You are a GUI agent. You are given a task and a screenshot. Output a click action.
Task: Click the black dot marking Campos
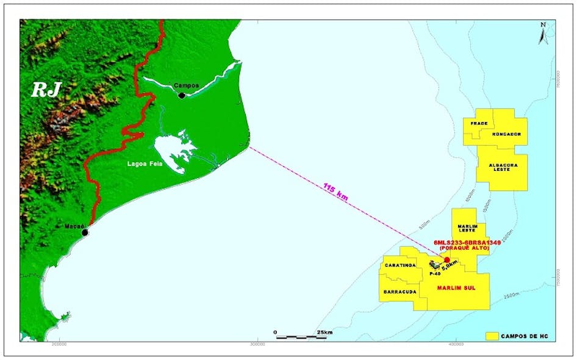pos(181,95)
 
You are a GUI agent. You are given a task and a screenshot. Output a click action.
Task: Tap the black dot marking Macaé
pos(85,232)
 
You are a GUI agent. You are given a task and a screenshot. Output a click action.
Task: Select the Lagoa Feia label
pos(144,164)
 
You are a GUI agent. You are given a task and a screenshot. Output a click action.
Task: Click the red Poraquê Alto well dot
pos(447,260)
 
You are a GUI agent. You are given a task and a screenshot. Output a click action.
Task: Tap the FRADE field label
pos(479,123)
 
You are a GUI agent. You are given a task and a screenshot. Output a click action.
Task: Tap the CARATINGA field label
pos(400,265)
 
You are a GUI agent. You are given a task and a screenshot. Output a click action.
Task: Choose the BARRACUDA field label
pos(400,292)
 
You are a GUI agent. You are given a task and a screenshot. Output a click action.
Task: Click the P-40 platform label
pos(434,274)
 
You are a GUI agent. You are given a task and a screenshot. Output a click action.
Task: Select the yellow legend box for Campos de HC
pos(493,336)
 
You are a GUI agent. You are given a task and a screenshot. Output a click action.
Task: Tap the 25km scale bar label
pos(324,332)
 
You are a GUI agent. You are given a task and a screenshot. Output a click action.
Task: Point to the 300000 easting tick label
pos(257,345)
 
